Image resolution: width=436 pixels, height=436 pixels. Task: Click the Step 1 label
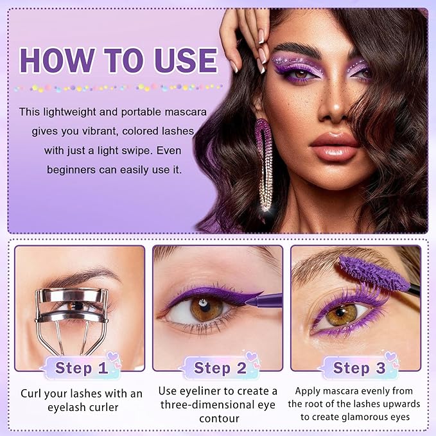[x=81, y=368]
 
